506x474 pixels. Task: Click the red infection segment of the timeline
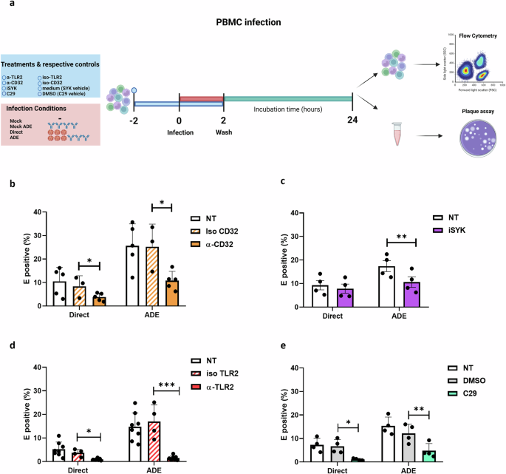(201, 99)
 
